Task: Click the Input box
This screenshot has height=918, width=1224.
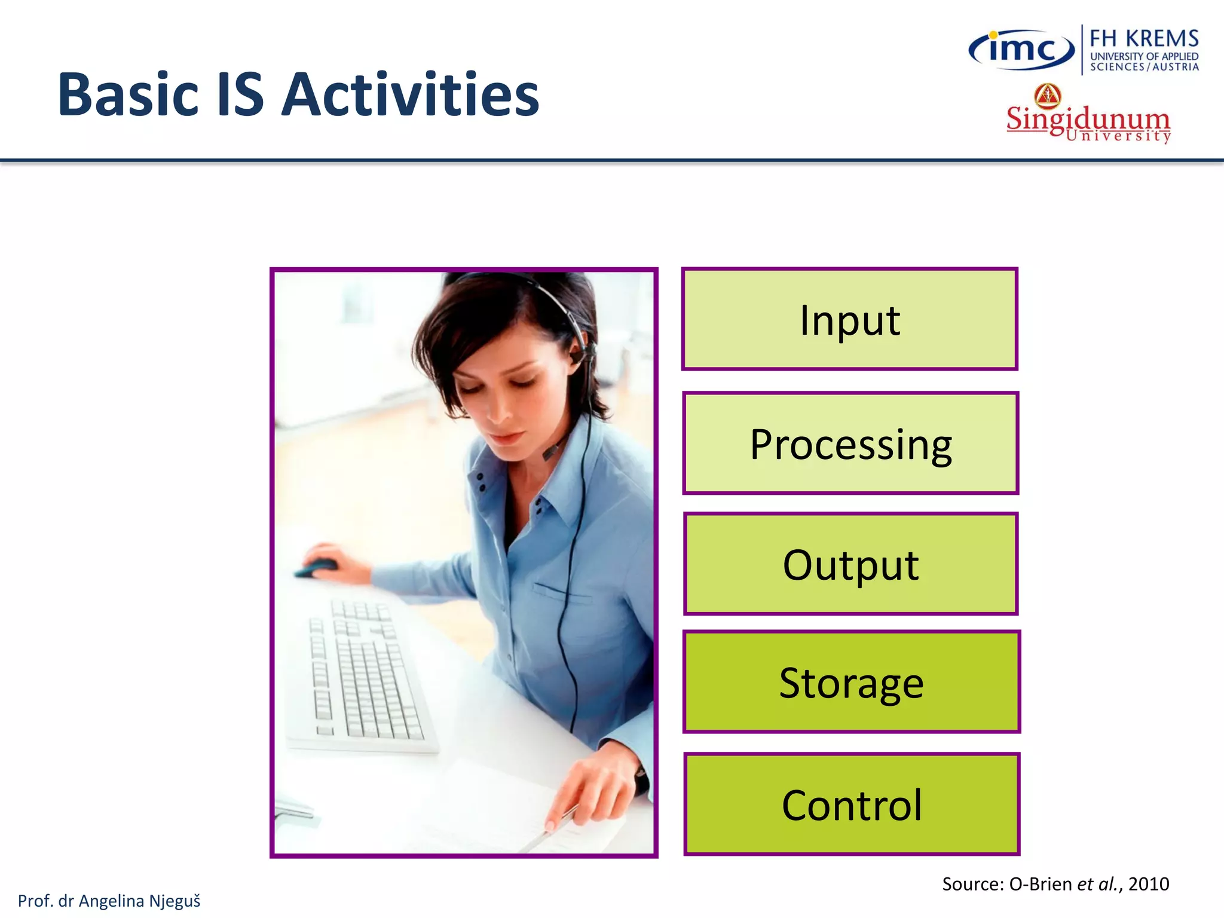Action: (849, 319)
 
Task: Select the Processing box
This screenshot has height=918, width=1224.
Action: (850, 443)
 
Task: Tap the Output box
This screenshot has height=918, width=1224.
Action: (850, 564)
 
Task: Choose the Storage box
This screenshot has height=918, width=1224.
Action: (851, 681)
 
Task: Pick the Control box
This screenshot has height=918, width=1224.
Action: (852, 804)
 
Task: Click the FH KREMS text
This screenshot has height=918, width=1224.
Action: (1144, 38)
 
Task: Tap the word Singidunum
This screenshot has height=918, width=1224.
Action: (1087, 118)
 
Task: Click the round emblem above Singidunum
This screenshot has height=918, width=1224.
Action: (1048, 95)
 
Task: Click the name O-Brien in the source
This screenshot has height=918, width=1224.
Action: (1040, 884)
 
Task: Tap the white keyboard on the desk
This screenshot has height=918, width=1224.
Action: (365, 675)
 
